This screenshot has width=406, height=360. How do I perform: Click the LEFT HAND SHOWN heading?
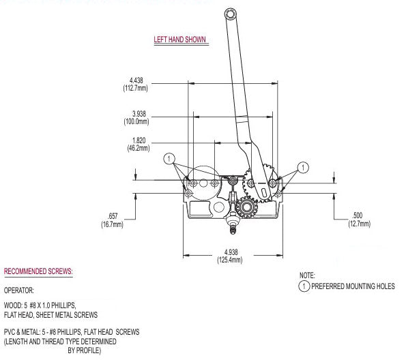[x=180, y=40]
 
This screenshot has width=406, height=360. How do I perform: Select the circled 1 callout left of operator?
[x=168, y=158]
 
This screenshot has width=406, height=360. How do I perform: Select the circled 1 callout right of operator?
[x=302, y=166]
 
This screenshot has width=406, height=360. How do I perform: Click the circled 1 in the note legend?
[x=305, y=286]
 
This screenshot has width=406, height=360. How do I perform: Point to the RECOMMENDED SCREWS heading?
[x=38, y=271]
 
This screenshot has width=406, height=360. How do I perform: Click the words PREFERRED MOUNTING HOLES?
[x=353, y=286]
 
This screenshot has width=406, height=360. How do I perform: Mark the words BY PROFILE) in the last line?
[x=84, y=350]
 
